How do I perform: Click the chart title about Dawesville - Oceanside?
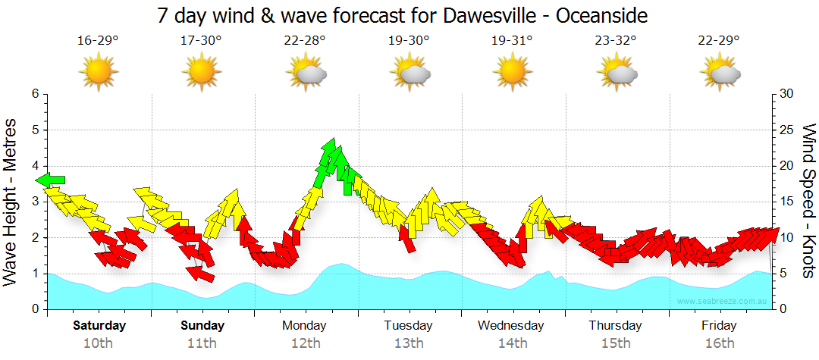(403, 15)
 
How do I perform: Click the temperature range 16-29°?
(98, 40)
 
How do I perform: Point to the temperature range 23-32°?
(615, 40)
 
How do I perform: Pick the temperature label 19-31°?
(512, 40)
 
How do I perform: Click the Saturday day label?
(99, 326)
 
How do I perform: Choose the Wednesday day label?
(510, 326)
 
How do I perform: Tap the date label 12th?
(305, 343)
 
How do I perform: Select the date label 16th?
(719, 343)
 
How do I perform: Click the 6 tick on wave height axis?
(34, 94)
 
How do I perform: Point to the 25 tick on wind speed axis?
(786, 130)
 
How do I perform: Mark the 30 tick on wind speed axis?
(786, 94)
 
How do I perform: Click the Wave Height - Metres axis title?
(11, 202)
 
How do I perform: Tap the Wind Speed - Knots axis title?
(808, 202)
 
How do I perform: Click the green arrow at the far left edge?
(51, 180)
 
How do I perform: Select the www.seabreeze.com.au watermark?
(723, 302)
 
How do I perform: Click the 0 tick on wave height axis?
(34, 309)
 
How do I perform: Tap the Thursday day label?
(615, 326)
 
